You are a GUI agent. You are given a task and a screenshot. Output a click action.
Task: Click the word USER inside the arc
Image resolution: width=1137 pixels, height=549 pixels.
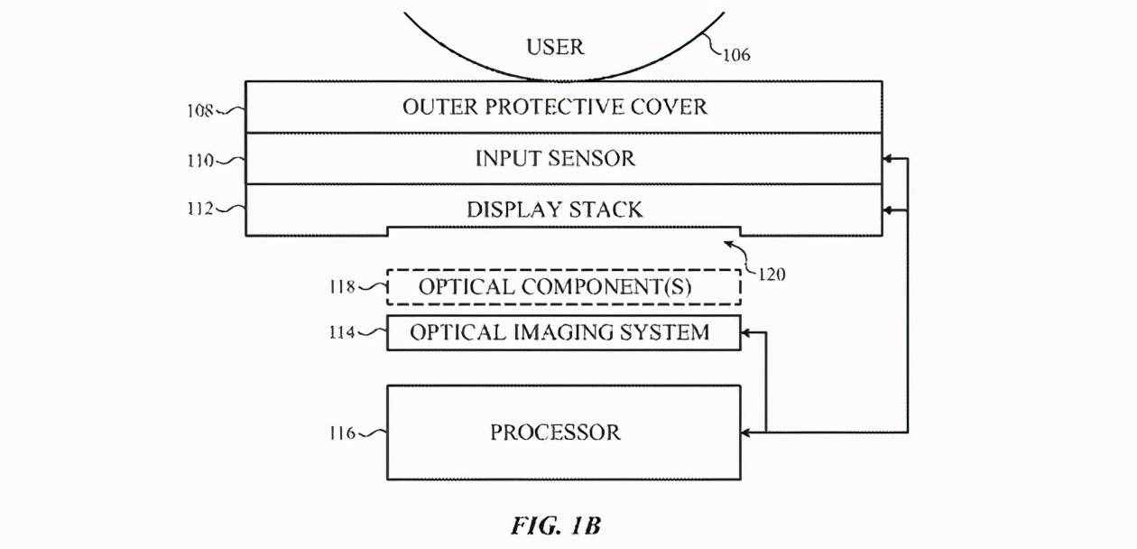tap(555, 47)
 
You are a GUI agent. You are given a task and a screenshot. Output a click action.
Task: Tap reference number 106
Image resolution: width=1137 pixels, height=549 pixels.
tap(736, 54)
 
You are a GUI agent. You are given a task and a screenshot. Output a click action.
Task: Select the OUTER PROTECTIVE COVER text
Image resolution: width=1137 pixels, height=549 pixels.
tap(555, 107)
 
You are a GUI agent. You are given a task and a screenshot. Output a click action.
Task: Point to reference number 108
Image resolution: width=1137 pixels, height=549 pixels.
tap(201, 111)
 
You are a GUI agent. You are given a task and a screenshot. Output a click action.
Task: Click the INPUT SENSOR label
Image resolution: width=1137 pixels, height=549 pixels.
tap(555, 159)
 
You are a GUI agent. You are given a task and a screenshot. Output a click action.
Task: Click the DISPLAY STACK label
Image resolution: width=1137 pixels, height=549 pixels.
tap(554, 210)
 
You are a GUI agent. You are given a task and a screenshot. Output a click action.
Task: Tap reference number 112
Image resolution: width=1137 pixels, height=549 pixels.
tap(201, 209)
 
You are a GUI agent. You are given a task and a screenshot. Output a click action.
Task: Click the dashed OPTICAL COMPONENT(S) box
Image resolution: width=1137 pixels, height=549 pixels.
tap(563, 288)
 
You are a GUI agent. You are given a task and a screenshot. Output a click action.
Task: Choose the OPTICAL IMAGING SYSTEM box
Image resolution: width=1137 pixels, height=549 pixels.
tap(563, 332)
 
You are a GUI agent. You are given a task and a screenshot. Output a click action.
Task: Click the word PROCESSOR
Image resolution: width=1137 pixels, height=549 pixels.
tap(555, 433)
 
